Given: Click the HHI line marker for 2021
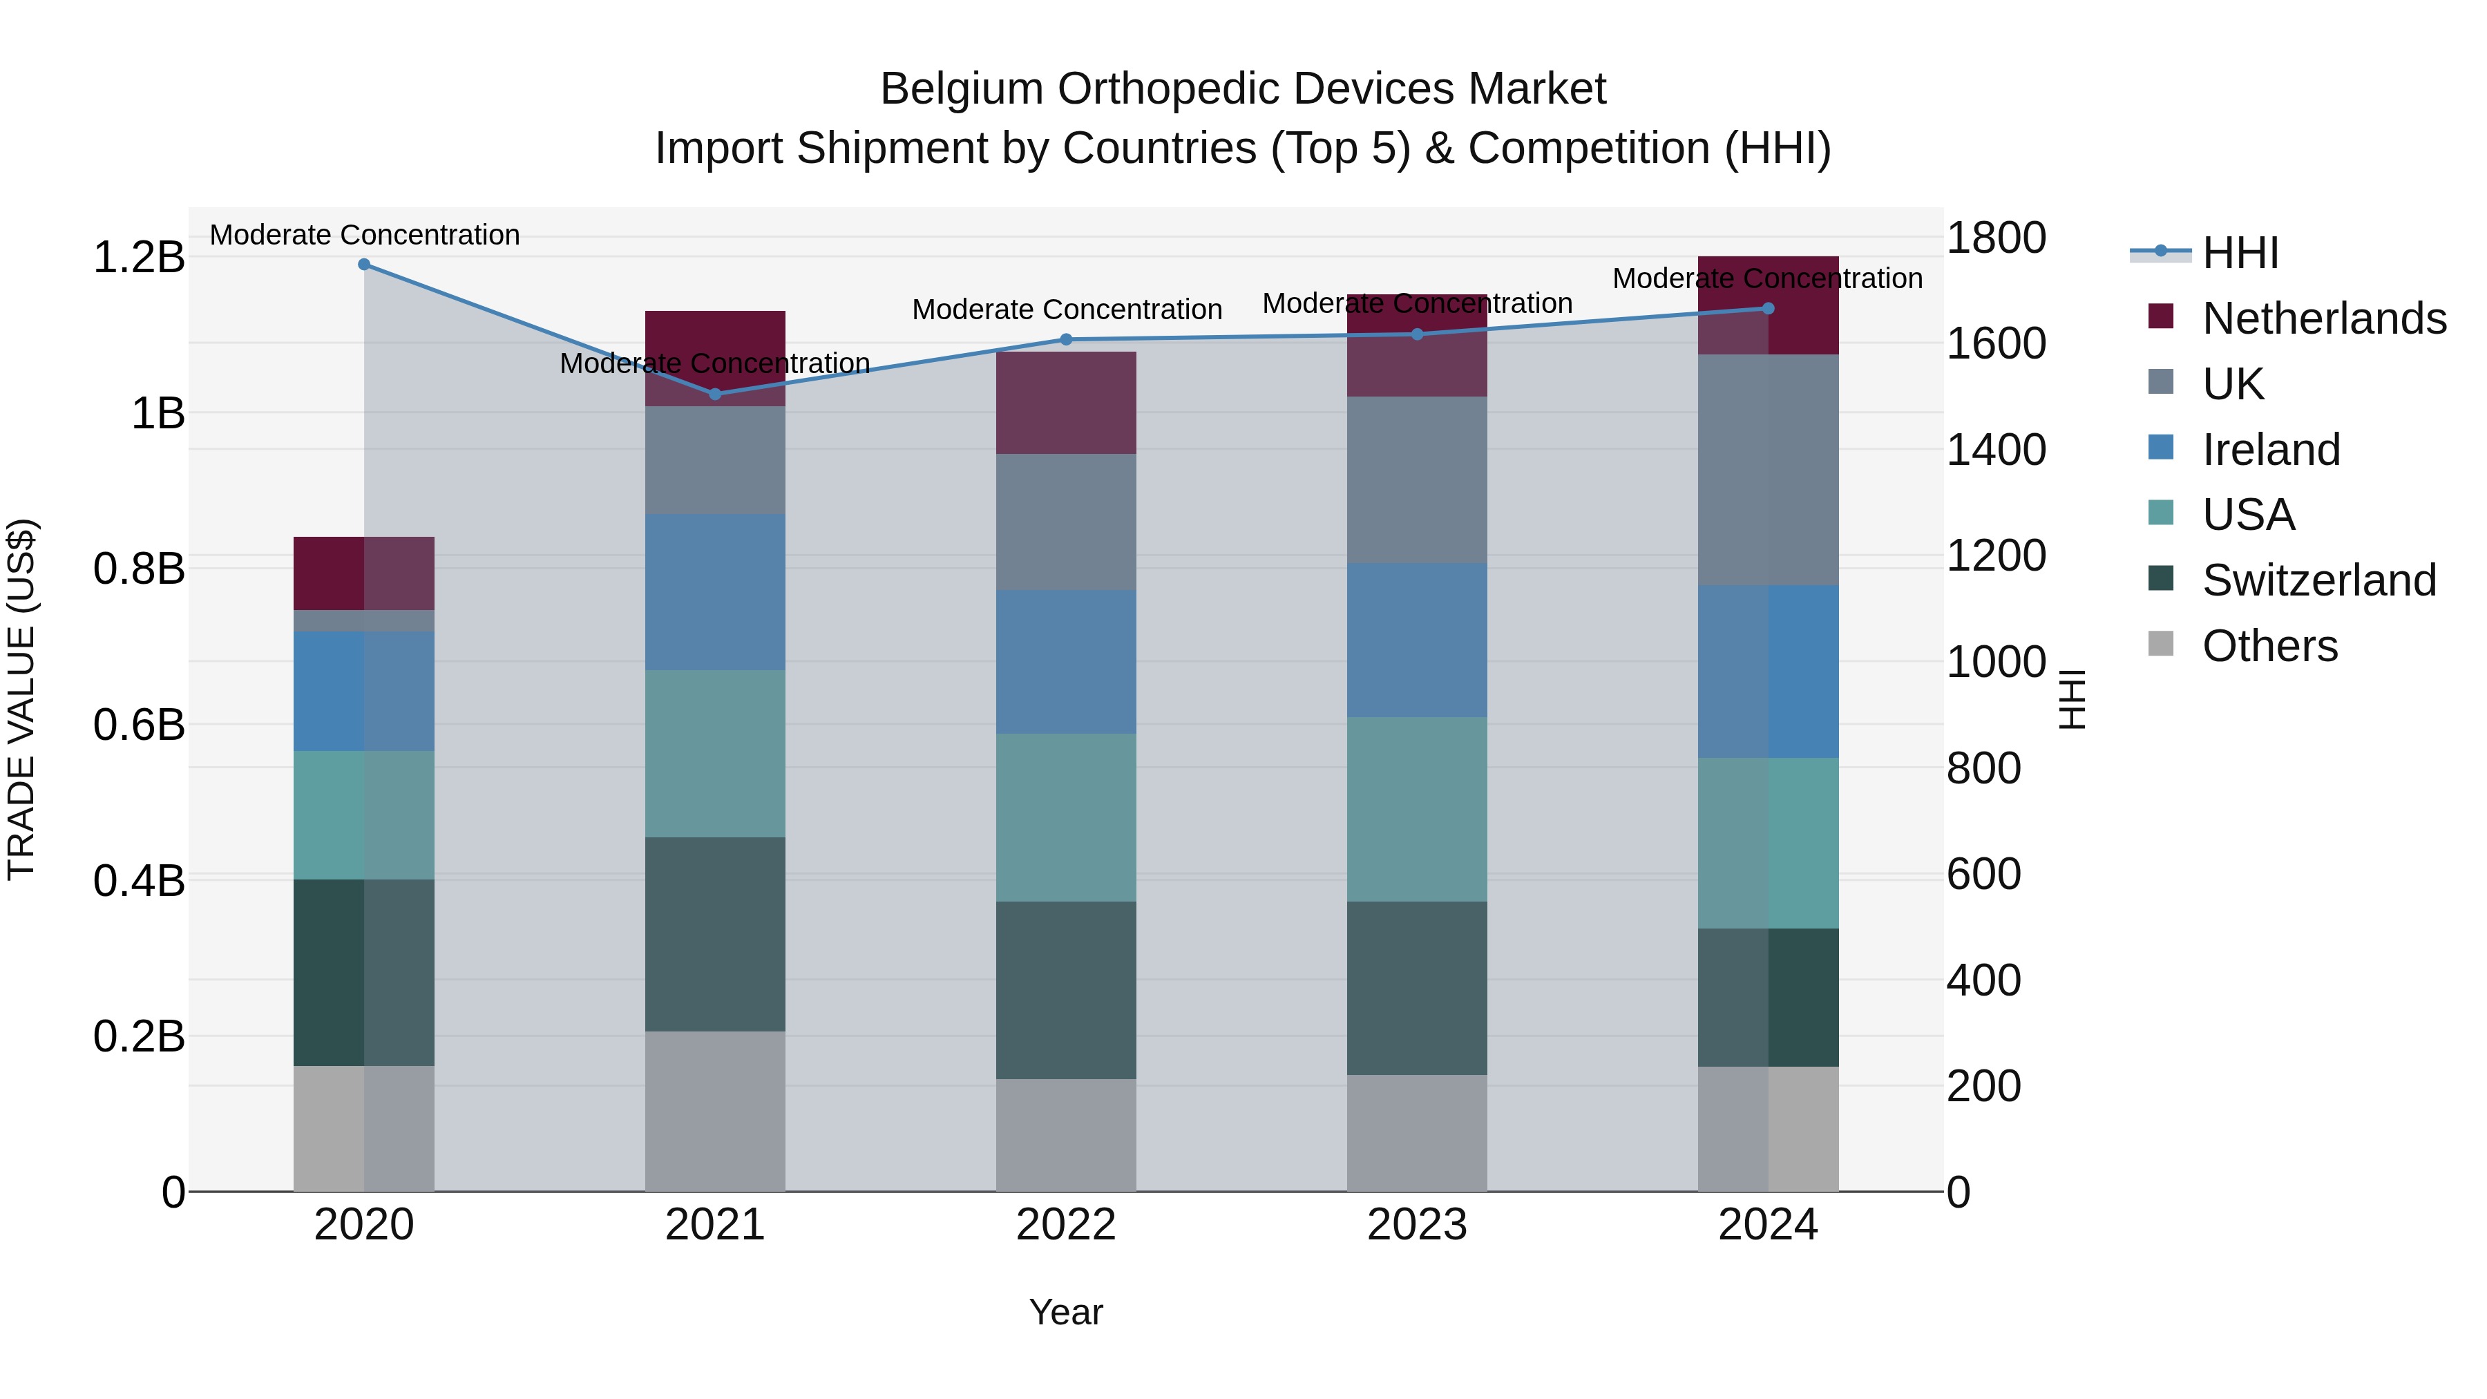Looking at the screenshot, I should [714, 394].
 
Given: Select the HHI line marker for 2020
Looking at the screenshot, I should [364, 265].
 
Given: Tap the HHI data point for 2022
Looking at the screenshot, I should [1066, 340].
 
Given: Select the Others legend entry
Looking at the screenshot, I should [2269, 646].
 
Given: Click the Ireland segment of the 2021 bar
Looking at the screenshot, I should [714, 592].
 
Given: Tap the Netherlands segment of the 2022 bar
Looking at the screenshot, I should [1066, 403].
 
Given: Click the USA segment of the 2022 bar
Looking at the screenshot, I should [1066, 818].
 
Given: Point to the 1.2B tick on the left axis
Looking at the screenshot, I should [139, 258].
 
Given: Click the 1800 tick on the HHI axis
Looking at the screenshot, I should [1994, 238].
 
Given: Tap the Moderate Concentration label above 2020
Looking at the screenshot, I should [364, 235].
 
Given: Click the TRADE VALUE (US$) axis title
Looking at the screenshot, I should [21, 699].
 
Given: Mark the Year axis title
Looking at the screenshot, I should [1066, 1312].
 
